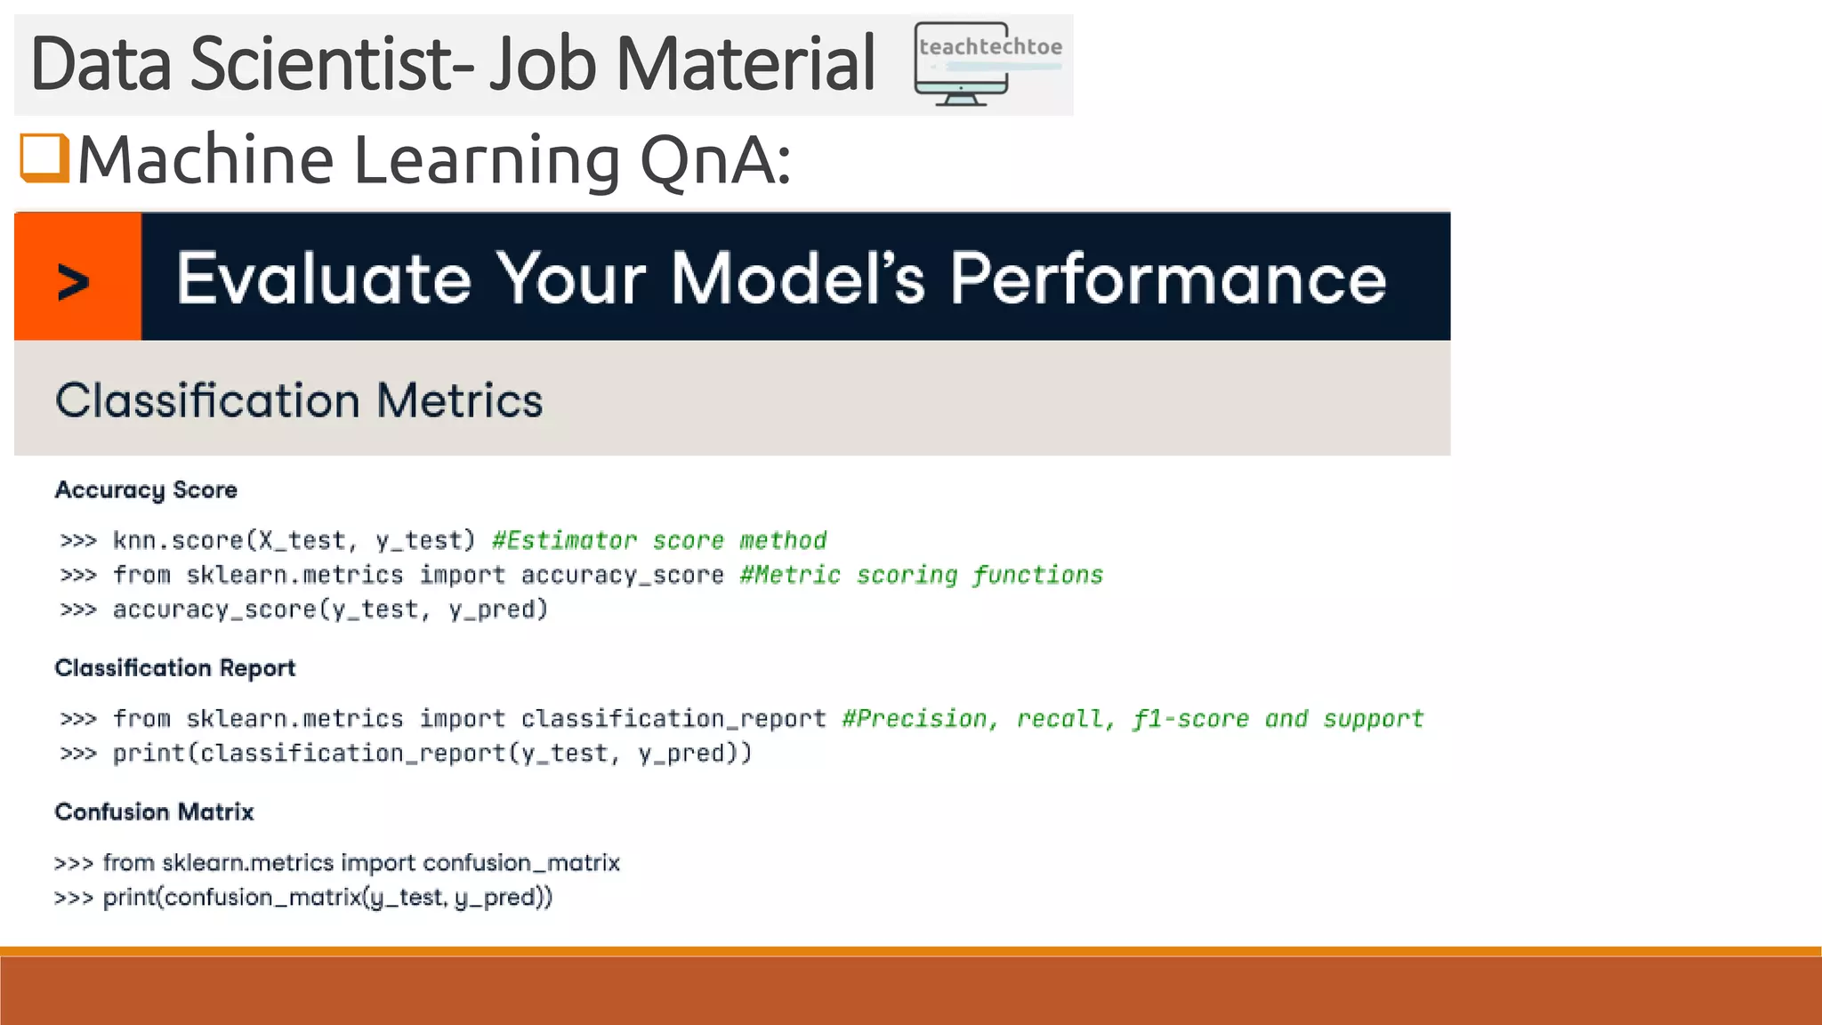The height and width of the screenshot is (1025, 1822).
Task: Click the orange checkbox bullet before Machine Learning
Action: click(x=44, y=158)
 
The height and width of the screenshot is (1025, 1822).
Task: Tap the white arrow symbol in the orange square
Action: click(x=74, y=282)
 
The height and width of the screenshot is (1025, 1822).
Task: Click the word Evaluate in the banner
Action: click(x=323, y=278)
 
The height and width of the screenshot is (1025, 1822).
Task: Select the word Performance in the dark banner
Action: click(x=1167, y=278)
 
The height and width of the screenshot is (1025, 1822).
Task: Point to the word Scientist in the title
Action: click(x=332, y=64)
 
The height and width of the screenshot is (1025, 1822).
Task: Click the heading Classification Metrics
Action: click(x=299, y=400)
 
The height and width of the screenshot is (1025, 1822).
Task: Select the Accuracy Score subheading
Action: click(x=146, y=490)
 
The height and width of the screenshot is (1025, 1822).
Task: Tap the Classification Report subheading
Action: click(x=174, y=668)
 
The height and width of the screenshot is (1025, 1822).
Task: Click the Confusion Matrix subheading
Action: click(x=154, y=812)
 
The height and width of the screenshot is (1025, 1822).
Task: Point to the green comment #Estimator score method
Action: click(x=658, y=540)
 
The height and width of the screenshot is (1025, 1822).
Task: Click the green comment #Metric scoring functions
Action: click(x=921, y=575)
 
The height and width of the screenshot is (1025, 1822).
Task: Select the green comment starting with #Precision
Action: click(x=1132, y=718)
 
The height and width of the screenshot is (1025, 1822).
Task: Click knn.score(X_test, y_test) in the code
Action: click(x=294, y=540)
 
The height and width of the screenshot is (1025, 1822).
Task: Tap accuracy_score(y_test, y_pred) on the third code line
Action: click(x=329, y=609)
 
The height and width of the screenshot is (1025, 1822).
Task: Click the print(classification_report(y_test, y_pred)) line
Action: click(x=431, y=754)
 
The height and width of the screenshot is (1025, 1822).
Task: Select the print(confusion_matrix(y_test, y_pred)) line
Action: click(x=327, y=897)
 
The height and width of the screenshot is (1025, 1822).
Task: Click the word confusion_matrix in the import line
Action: click(x=520, y=862)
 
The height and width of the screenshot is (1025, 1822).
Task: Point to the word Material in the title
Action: click(x=746, y=64)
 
